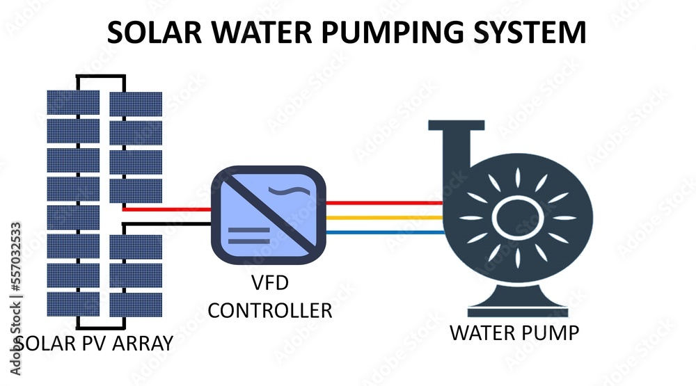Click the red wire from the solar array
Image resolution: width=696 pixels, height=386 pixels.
tap(167, 209)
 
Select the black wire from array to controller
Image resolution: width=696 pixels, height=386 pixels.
tap(167, 224)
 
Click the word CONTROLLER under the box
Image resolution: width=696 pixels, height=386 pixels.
tap(270, 309)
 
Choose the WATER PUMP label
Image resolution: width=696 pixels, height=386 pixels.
tap(514, 333)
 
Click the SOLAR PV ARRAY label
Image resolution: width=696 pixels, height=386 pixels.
tap(93, 343)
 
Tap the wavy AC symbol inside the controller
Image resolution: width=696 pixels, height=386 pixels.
tap(296, 190)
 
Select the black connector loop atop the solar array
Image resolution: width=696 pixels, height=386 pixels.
tap(102, 79)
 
